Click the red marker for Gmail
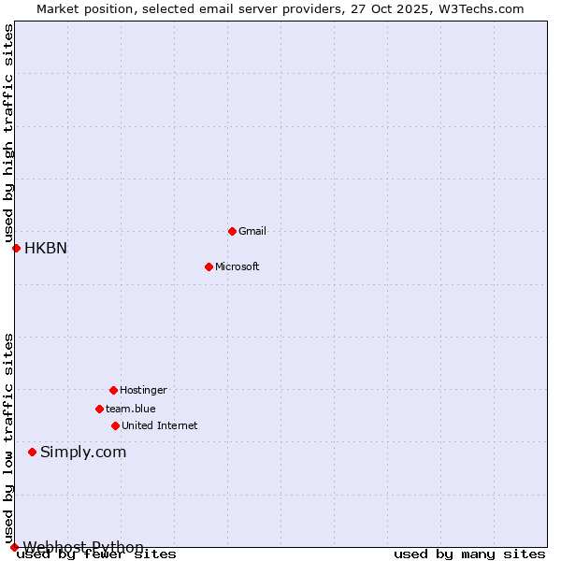coord(232,231)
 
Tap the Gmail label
coord(252,231)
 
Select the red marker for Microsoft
coord(209,266)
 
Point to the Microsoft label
coord(237,266)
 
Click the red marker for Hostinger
coord(113,390)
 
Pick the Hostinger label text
coord(143,390)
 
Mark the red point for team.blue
coord(99,409)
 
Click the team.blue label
coord(130,409)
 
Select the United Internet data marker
coord(115,425)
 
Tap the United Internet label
coord(159,425)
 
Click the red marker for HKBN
coord(16,248)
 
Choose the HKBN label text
coord(46,248)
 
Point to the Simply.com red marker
coord(32,452)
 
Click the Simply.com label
coord(83,452)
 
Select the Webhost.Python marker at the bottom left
coord(14,547)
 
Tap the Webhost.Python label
coord(83,547)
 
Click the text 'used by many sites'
coord(469,554)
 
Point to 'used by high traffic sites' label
coord(9,133)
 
